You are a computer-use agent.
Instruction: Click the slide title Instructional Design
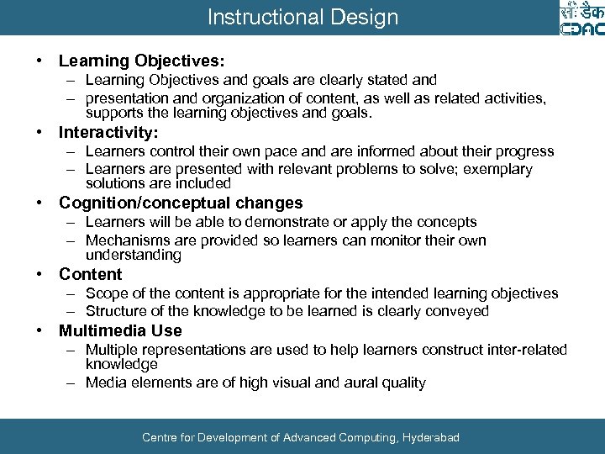click(302, 17)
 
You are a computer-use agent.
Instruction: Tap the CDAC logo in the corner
click(581, 18)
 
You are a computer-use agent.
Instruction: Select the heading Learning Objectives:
click(141, 61)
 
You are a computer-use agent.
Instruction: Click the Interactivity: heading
click(108, 133)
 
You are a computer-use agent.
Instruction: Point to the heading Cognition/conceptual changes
click(181, 203)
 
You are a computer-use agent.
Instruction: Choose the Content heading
click(90, 275)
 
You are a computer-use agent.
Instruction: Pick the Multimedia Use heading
click(120, 330)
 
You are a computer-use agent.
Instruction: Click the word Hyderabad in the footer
click(431, 437)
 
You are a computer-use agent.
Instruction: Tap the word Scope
click(106, 293)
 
